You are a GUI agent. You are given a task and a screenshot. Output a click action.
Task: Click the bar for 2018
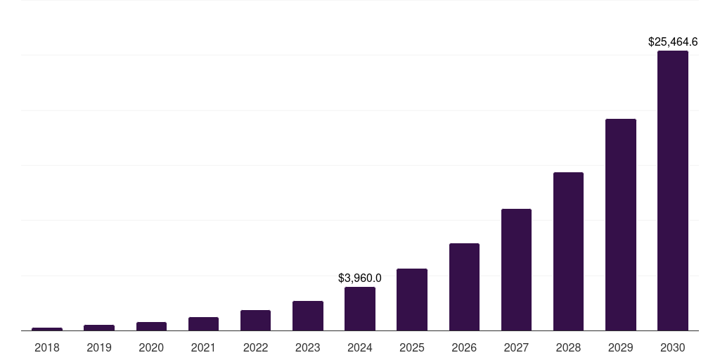[x=47, y=329]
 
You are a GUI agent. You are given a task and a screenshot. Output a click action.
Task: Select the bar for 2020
[x=151, y=326]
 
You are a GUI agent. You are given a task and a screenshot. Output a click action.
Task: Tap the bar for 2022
[x=255, y=321]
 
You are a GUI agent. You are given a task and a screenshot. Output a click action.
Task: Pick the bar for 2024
[x=360, y=309]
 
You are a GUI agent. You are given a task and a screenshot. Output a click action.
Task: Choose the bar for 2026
[x=464, y=287]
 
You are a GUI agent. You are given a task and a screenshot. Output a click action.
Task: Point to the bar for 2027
[x=516, y=270]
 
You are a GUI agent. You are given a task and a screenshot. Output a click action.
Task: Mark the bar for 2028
[x=568, y=252]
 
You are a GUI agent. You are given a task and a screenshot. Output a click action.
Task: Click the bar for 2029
[x=621, y=225]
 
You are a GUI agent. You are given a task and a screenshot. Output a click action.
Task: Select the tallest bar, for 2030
[x=673, y=191]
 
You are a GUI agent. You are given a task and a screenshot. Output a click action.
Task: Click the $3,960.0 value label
[x=360, y=278]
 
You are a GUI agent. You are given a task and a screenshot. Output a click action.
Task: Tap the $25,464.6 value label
[x=673, y=42]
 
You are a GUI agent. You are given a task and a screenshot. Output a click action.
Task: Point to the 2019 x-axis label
[x=99, y=347]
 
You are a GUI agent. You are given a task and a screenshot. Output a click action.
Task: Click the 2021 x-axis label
[x=203, y=347]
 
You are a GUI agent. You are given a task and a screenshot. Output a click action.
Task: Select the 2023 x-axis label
[x=308, y=347]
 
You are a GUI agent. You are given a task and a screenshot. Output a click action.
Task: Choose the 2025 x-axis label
[x=412, y=347]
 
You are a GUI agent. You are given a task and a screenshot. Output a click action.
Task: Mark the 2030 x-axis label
[x=673, y=347]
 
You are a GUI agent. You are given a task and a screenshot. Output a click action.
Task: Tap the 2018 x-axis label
[x=47, y=347]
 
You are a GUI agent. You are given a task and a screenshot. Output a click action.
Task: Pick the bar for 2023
[x=308, y=316]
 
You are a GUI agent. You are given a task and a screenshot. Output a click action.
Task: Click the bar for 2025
[x=412, y=300]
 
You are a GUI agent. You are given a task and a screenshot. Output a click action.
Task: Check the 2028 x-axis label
[x=568, y=347]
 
